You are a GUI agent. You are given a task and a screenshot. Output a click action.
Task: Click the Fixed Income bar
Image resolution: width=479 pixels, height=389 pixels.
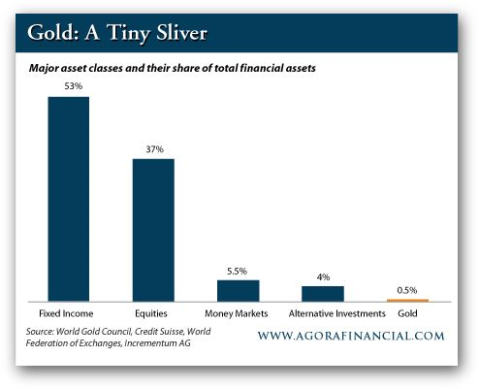[69, 199]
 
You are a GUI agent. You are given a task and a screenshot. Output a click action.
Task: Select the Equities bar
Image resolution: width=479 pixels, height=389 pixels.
[153, 230]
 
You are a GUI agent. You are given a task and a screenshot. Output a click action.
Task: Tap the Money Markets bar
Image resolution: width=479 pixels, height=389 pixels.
[239, 291]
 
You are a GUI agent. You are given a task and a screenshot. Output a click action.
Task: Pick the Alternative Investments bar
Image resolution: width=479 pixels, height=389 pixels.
[323, 294]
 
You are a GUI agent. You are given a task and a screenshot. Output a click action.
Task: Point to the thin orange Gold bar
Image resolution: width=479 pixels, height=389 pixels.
[407, 301]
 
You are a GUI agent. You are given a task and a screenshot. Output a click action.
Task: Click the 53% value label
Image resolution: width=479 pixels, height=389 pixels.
[74, 86]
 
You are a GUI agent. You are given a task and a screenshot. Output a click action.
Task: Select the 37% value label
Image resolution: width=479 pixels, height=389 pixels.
[154, 149]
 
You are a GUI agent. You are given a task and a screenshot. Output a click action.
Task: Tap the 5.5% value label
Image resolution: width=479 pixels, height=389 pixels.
[237, 271]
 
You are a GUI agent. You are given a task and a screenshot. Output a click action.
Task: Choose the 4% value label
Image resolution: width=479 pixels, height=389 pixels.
[323, 277]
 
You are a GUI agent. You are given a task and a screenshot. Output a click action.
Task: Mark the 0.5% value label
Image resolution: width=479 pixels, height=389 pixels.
[407, 290]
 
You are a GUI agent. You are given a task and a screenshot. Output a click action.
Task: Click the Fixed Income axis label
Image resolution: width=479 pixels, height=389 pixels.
[66, 313]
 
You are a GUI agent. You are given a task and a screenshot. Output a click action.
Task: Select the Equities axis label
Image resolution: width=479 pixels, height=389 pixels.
[151, 313]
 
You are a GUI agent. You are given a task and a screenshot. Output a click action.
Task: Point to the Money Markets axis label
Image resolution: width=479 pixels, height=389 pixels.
[237, 313]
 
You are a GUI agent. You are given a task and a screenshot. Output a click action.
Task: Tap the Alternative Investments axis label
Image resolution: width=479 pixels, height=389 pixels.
[337, 313]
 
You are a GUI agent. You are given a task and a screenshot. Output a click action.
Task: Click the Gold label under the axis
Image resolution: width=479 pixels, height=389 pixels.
[407, 313]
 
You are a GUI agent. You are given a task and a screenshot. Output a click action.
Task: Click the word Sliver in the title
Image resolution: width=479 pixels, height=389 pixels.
[181, 33]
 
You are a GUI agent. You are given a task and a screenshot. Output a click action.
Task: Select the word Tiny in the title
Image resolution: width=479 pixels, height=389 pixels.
[128, 34]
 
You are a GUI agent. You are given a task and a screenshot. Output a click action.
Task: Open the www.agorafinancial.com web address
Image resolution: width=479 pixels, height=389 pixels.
[351, 336]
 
